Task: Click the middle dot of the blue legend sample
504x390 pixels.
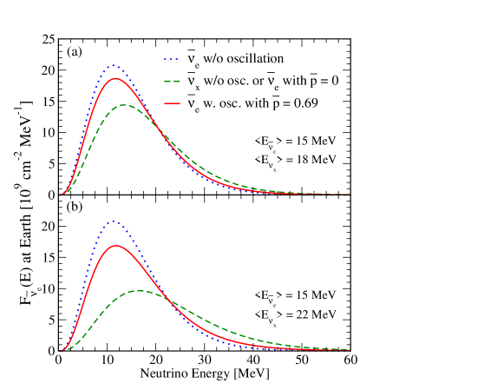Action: pos(172,59)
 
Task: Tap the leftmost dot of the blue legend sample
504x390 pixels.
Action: pos(166,59)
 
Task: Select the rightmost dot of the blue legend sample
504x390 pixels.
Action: pos(177,59)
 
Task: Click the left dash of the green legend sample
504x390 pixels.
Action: pos(167,81)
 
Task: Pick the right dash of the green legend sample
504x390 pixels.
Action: pos(176,81)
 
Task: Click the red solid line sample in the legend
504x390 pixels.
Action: pos(172,103)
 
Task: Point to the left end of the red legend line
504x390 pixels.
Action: pos(165,103)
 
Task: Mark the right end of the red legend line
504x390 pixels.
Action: pos(180,103)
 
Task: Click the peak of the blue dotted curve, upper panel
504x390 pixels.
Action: pos(113,65)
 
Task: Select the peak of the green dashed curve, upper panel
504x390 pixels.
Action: pos(125,105)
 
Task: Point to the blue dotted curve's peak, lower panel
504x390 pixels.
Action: pos(113,221)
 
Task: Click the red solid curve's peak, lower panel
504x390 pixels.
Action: pos(117,246)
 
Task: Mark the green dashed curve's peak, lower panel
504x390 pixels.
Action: pos(139,290)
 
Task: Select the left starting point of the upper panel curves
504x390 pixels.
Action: pos(60,195)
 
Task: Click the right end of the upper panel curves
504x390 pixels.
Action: pos(350,195)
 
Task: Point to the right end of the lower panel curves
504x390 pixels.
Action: pos(350,350)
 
